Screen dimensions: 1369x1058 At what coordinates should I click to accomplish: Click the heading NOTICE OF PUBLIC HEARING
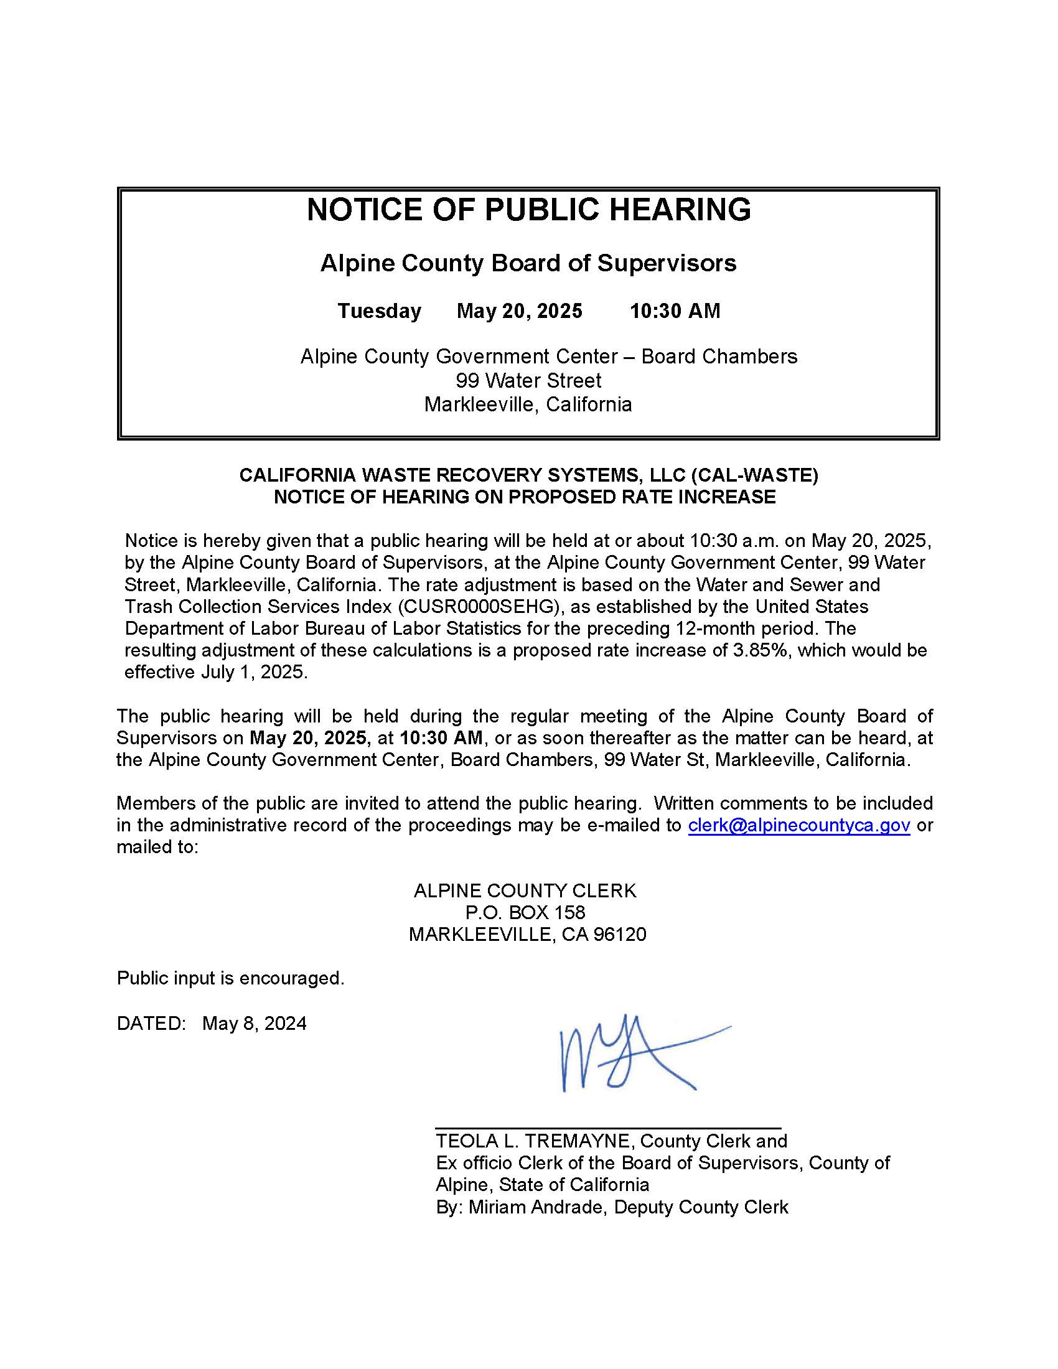click(x=528, y=209)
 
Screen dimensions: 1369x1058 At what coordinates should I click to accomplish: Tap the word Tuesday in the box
click(x=379, y=311)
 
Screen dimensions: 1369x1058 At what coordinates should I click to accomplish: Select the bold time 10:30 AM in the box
click(x=675, y=311)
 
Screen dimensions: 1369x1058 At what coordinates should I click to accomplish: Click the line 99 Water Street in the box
click(x=528, y=380)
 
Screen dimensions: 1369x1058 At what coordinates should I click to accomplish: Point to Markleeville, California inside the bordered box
click(x=528, y=404)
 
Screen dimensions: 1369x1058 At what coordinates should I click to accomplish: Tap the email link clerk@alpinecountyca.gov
click(x=798, y=826)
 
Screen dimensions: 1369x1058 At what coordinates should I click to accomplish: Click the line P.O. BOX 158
click(x=525, y=913)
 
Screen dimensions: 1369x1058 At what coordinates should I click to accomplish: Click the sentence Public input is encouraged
click(x=231, y=978)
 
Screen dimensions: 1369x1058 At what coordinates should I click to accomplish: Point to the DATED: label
click(x=151, y=1024)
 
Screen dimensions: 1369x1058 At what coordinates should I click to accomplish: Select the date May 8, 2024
click(x=255, y=1024)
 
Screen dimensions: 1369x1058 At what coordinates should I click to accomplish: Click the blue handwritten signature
click(x=627, y=1059)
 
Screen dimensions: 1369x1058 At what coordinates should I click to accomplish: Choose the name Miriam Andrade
click(x=537, y=1207)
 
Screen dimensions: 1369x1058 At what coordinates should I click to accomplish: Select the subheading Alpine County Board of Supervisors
click(x=528, y=263)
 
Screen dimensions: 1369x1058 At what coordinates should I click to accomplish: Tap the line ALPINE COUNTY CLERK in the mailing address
click(x=525, y=890)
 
